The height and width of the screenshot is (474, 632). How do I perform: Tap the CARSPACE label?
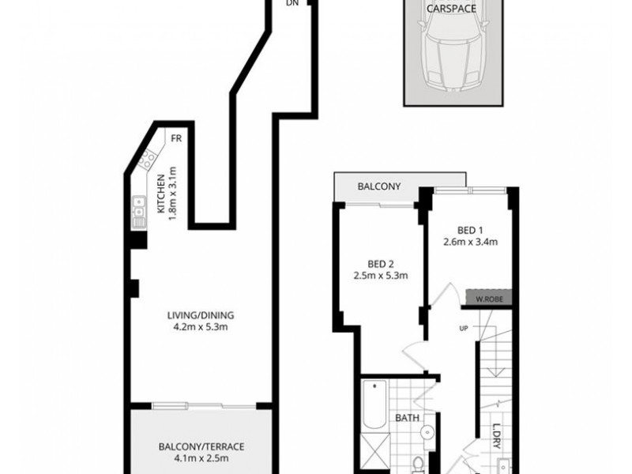coord(451,9)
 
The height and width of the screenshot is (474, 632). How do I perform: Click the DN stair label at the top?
coord(292,3)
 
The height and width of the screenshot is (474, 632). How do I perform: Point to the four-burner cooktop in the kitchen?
coord(146,162)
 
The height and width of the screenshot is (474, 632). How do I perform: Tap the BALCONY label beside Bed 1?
coord(379,187)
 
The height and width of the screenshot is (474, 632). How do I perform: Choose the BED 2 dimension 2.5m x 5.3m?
coord(380,276)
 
